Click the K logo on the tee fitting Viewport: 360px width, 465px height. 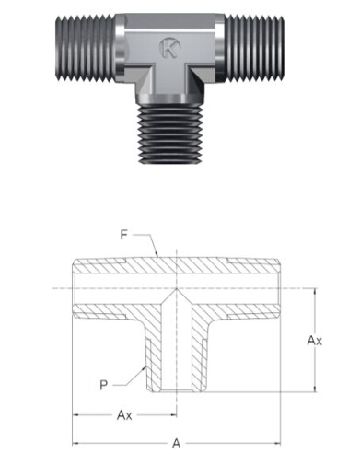pos(169,48)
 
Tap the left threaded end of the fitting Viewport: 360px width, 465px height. pos(86,49)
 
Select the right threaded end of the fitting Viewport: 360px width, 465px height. pos(253,48)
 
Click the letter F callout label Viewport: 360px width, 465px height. pos(123,235)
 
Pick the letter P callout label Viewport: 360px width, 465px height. pos(104,385)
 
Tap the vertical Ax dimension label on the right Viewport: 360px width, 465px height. pos(315,341)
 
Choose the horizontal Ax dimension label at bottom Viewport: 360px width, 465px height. pos(124,415)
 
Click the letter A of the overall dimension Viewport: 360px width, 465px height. pos(176,444)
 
